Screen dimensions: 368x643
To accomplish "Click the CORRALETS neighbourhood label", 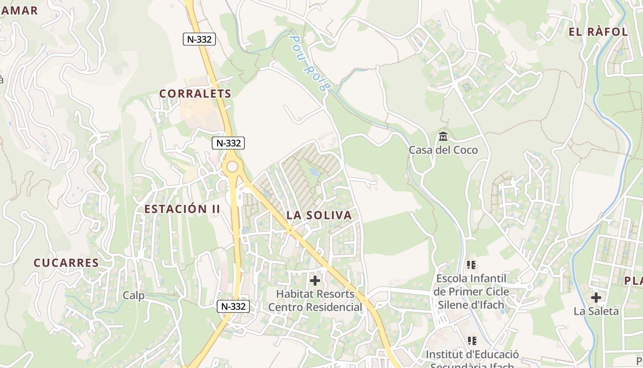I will (x=195, y=94).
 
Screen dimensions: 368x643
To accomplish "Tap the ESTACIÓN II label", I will (x=182, y=209).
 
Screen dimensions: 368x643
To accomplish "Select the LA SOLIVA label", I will (x=319, y=215).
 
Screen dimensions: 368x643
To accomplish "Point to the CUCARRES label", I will (x=66, y=263).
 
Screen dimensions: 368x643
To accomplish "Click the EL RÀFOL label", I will (x=598, y=32).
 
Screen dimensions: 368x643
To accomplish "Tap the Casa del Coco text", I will (x=443, y=150).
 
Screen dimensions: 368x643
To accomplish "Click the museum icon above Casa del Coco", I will (x=443, y=137).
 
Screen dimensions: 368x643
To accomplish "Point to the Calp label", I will (x=134, y=295).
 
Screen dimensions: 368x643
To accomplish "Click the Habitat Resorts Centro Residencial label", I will (x=315, y=300).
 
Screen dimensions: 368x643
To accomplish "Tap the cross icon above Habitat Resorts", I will (x=315, y=280).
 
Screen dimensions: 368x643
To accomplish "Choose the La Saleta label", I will (x=596, y=311).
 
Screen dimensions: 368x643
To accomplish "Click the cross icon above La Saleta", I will (x=596, y=298).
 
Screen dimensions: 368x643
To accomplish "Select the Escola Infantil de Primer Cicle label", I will (x=471, y=292).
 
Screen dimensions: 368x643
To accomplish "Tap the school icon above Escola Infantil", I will (x=471, y=265).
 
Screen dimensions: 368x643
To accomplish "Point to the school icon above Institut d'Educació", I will (x=472, y=341).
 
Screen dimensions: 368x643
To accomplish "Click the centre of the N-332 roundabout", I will (x=232, y=167).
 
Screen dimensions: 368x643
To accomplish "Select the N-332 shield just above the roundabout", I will (x=228, y=143).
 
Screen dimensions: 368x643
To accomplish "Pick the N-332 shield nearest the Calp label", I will (x=233, y=306).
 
